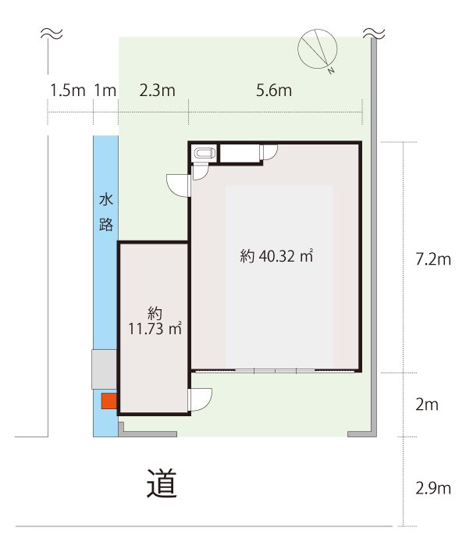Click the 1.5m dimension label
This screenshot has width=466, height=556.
[x=68, y=91]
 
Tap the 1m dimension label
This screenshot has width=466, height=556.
[x=105, y=91]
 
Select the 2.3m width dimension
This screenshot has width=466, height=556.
[x=158, y=91]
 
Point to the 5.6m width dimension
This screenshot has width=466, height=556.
[x=274, y=91]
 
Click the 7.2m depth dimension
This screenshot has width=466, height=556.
[x=433, y=259]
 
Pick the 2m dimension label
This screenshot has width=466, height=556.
[x=427, y=405]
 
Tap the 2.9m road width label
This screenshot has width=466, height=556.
[x=433, y=489]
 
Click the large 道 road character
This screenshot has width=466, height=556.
[x=162, y=483]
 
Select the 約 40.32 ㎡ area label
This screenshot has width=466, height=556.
[x=276, y=255]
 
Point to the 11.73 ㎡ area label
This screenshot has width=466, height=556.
[x=155, y=329]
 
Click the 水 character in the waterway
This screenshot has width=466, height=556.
[x=106, y=199]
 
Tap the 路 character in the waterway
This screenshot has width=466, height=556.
[x=106, y=224]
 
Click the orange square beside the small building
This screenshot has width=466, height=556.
[x=109, y=401]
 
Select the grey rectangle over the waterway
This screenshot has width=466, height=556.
[x=105, y=369]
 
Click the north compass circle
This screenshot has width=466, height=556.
[x=317, y=49]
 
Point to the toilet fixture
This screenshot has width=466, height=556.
[x=204, y=155]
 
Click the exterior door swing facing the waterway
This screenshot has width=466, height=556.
[x=177, y=185]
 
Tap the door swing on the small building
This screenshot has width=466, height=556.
[x=201, y=400]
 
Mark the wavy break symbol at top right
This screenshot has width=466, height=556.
[x=374, y=34]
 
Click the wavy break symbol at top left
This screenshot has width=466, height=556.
[x=52, y=34]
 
